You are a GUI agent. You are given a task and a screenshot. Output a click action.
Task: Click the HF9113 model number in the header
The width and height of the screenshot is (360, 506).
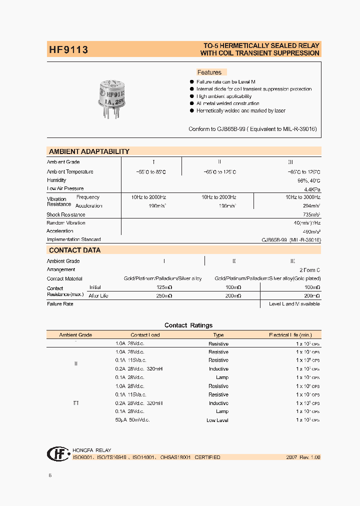tap(68, 49)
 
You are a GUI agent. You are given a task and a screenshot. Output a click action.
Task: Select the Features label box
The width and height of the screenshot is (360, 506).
tap(209, 72)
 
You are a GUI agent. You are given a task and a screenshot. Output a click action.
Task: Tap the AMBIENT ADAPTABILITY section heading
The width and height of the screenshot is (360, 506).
tap(89, 151)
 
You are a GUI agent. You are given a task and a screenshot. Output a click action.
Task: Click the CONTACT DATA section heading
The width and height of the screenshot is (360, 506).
tap(74, 250)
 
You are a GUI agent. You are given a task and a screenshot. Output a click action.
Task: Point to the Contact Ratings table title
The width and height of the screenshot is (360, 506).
tap(188, 325)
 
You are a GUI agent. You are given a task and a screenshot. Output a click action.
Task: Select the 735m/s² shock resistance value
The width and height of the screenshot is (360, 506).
tap(311, 214)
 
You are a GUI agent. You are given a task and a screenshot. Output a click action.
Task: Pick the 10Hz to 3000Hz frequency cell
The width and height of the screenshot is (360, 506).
tap(303, 197)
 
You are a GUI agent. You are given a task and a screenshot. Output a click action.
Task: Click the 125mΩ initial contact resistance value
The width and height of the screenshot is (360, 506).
tap(164, 287)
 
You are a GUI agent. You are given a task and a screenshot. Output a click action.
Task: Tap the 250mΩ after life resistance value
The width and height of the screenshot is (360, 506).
tap(164, 296)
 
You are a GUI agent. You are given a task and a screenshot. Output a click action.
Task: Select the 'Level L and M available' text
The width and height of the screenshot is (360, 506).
tap(294, 304)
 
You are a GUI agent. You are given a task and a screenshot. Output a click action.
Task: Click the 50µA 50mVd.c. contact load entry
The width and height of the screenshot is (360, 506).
tap(132, 420)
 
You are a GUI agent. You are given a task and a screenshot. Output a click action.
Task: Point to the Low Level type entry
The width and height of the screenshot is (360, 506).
tap(217, 420)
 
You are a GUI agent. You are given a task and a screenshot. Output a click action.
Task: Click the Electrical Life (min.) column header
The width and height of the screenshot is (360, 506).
tap(290, 335)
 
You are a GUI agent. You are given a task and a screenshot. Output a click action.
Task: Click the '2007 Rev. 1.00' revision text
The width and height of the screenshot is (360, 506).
tap(303, 457)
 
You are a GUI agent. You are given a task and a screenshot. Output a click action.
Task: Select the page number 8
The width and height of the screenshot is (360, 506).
tap(49, 475)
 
